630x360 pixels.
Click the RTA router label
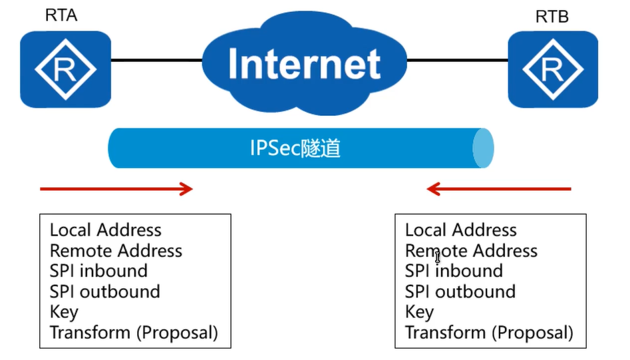coord(61,15)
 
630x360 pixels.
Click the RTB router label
coord(551,17)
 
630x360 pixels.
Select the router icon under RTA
coord(65,69)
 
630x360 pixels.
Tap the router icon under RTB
coord(553,69)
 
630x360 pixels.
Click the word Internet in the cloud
coord(304,64)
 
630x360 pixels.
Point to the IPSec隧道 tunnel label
coord(295,148)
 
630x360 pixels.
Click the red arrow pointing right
coord(116,189)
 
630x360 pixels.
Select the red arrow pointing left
coord(499,190)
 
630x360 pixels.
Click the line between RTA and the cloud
coord(156,61)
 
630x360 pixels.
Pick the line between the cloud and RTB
coord(457,61)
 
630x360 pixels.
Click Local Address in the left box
coord(105,230)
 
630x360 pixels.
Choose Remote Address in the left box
coord(116,251)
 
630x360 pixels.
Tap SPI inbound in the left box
coord(98,271)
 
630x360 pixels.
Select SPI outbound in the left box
coord(104,291)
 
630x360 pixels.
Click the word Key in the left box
coord(64,312)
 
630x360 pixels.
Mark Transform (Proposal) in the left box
coord(134,332)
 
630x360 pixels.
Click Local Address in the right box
coord(460,230)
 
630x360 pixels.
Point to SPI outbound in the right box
coord(460,291)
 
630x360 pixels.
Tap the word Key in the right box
coord(419,312)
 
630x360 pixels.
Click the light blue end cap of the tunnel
coord(484,148)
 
